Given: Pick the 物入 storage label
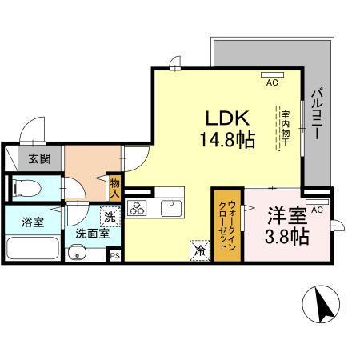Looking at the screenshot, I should click(115, 188).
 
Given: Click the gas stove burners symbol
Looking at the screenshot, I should click(137, 210).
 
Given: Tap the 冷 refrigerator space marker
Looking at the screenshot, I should click(198, 250).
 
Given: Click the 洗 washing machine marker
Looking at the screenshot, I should click(110, 215).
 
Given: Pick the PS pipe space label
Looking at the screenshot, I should click(114, 256).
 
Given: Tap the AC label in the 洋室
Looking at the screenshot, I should click(317, 210).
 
